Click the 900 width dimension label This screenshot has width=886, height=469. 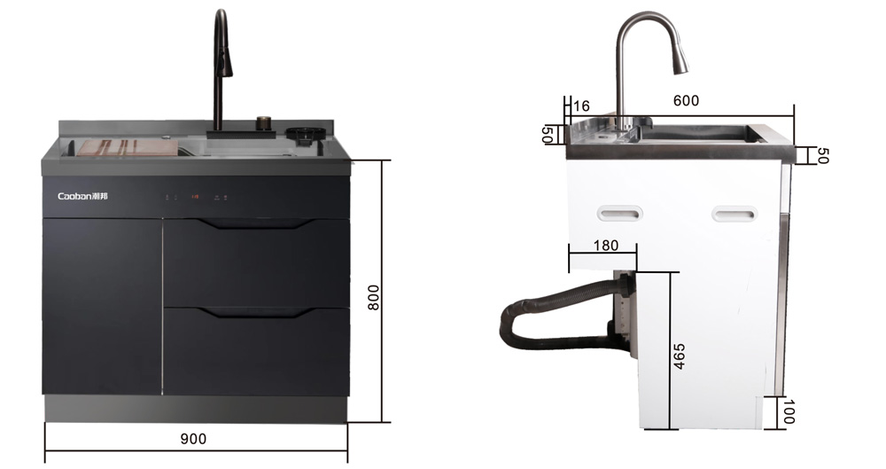193,439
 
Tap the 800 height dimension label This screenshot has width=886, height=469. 374,297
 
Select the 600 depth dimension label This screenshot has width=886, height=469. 686,101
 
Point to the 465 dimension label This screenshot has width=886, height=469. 680,356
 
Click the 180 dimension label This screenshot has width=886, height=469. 606,246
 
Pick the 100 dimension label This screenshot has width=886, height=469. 789,412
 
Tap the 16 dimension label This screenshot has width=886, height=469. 581,106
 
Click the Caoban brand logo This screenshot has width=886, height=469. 83,196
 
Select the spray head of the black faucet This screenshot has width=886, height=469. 227,62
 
